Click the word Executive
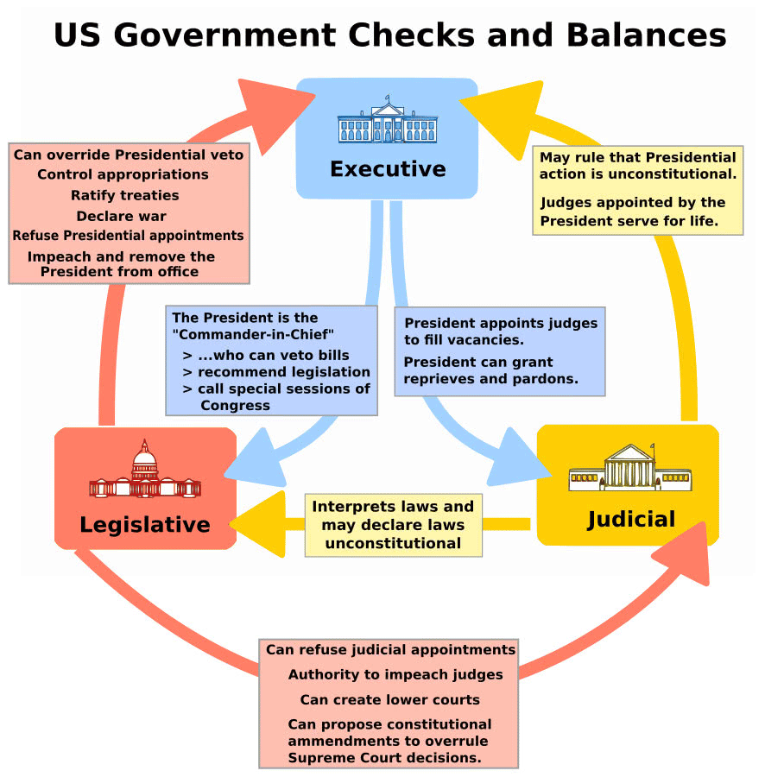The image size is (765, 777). point(388,168)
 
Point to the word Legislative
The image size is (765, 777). point(145,524)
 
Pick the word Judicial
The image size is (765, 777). point(631,519)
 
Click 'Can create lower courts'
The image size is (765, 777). point(389,699)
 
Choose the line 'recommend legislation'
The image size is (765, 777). point(283,372)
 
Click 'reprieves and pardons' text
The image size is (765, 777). point(491,378)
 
